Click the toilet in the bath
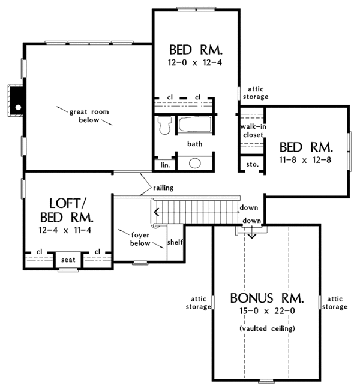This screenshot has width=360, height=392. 164,125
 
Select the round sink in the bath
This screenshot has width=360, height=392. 195,163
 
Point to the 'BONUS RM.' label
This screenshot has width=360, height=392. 266,298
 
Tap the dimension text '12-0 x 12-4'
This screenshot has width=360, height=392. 196,62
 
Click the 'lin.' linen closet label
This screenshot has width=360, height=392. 164,164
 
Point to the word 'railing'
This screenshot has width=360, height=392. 163,188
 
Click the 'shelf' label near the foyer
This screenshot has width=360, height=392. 176,242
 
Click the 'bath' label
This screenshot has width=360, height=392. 194,144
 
